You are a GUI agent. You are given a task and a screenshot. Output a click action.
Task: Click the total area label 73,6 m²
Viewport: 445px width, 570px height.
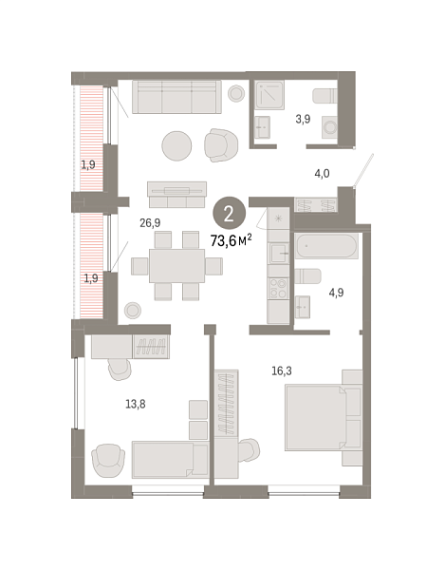click(x=231, y=239)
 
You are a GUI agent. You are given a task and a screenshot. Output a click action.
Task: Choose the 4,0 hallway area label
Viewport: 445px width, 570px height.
click(x=322, y=173)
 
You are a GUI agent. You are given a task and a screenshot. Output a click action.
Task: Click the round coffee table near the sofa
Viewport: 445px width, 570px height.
click(x=177, y=145)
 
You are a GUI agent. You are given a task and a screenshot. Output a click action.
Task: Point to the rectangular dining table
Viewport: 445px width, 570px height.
click(x=176, y=265)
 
